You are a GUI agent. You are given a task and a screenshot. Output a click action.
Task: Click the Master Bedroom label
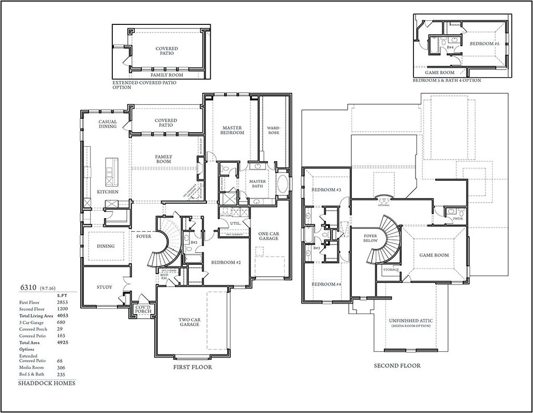233,130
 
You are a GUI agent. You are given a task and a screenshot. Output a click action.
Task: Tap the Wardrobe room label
273,130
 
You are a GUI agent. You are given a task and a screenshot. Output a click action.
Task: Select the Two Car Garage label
190,321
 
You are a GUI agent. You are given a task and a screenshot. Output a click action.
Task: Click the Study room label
105,287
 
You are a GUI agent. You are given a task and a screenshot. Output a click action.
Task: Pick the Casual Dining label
108,124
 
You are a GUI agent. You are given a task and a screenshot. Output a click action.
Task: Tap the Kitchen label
108,192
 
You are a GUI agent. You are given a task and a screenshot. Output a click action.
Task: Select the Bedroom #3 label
326,190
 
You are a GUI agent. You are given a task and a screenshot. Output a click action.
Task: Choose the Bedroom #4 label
326,284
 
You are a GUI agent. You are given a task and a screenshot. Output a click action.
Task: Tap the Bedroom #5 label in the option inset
484,44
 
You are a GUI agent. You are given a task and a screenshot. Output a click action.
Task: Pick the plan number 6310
28,287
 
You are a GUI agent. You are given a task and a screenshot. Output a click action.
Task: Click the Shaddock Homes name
47,383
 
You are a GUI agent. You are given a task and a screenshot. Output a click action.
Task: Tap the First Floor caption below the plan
192,367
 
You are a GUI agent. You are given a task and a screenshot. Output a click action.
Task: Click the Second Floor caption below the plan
397,365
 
